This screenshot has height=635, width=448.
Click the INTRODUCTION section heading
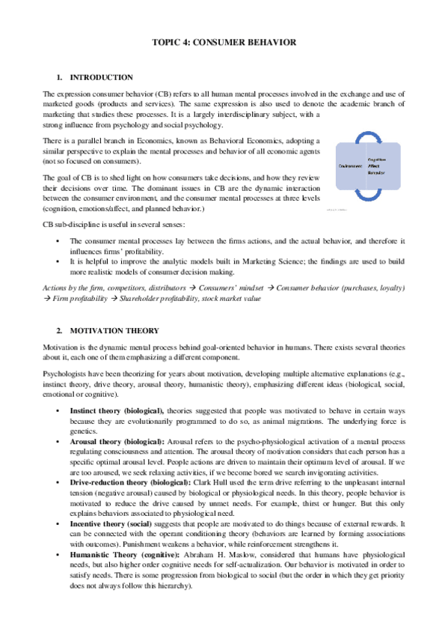coord(101,77)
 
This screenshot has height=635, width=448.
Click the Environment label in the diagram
coord(350,165)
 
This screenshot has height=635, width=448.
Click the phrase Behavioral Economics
coord(233,140)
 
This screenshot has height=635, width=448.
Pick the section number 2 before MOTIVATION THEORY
coord(59,329)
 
